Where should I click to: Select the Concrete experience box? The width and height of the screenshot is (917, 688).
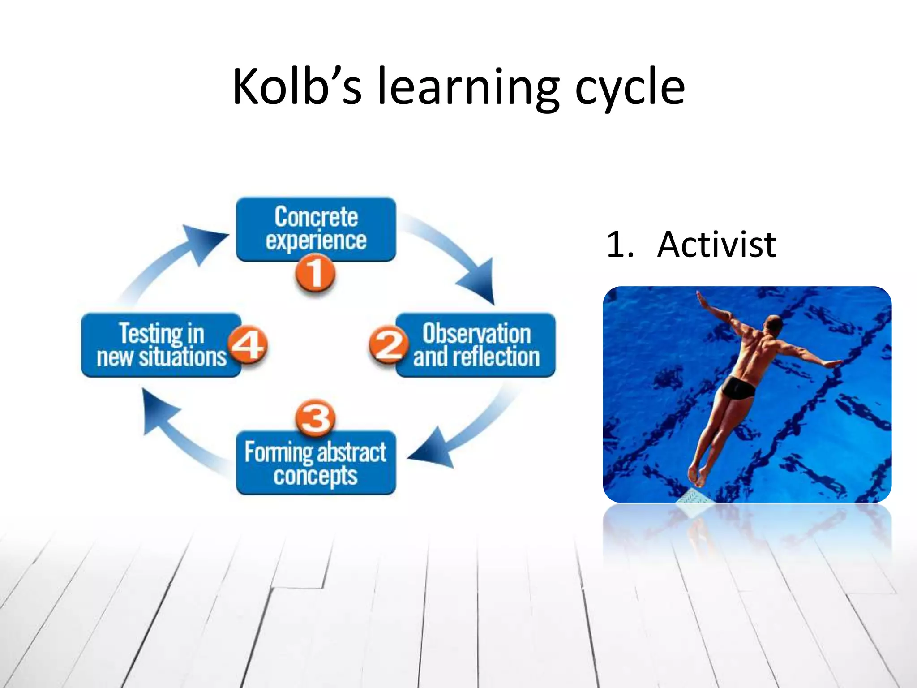[x=316, y=228]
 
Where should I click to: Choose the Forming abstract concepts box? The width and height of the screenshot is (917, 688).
[x=316, y=463]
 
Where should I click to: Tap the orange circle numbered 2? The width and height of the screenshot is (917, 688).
[x=388, y=345]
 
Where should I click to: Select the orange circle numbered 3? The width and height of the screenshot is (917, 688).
[x=315, y=417]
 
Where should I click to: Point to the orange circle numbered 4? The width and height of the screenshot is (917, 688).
[x=248, y=345]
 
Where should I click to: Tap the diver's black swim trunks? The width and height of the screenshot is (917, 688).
[x=739, y=388]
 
